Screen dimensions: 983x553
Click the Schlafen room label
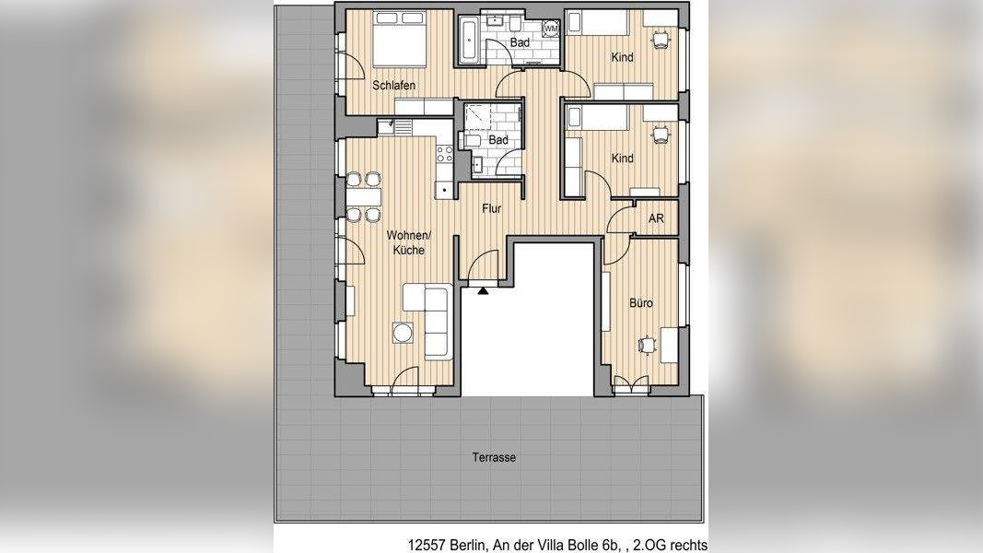pyautogui.click(x=393, y=86)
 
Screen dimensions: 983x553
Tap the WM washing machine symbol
pyautogui.click(x=550, y=29)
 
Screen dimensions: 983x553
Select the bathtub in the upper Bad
pyautogui.click(x=469, y=41)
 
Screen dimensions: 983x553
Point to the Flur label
pyautogui.click(x=492, y=209)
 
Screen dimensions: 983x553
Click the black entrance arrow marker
pyautogui.click(x=483, y=291)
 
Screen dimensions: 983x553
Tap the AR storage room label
pyautogui.click(x=656, y=218)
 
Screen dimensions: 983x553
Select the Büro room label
pyautogui.click(x=640, y=303)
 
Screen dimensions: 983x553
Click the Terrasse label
pyautogui.click(x=494, y=458)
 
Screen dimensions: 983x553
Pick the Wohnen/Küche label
pyautogui.click(x=409, y=242)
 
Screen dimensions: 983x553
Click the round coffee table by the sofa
pyautogui.click(x=403, y=333)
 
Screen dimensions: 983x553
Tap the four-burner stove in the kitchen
pyautogui.click(x=444, y=154)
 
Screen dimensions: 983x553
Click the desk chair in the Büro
pyautogui.click(x=646, y=345)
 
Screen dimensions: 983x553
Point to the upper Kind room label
pyautogui.click(x=622, y=58)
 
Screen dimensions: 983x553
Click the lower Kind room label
pyautogui.click(x=622, y=159)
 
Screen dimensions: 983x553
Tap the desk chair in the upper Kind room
pyautogui.click(x=660, y=40)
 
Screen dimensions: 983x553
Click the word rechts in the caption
pyautogui.click(x=689, y=545)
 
